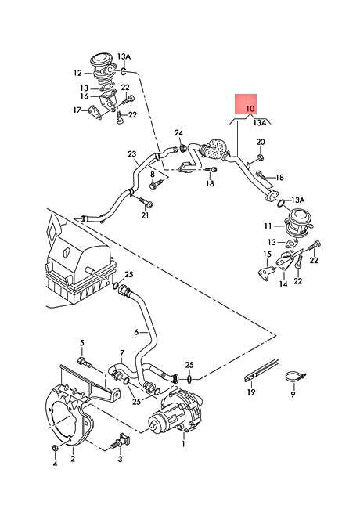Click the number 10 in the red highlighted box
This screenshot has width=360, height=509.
250,107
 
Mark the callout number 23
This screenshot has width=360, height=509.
132,154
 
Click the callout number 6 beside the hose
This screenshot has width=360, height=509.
136,332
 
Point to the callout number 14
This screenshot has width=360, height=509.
283,285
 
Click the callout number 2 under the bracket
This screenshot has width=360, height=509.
72,459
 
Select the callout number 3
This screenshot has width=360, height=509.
120,460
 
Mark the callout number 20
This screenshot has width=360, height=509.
261,141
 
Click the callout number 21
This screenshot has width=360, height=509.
145,216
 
